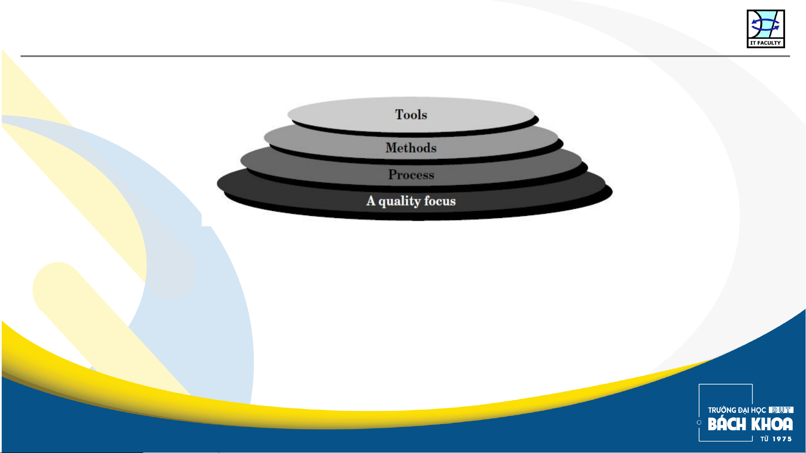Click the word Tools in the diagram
[x=411, y=114]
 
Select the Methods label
[x=411, y=148]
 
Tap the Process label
[x=411, y=174]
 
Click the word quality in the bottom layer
[x=399, y=202]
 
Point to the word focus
[x=440, y=201]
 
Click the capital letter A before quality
[x=371, y=201]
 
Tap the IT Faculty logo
[x=766, y=28]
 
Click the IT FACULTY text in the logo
[x=766, y=43]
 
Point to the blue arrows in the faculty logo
[x=765, y=25]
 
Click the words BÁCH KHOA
[x=750, y=424]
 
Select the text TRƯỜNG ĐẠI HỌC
[x=737, y=410]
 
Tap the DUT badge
[x=781, y=410]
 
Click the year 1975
[x=782, y=439]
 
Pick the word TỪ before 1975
[x=764, y=439]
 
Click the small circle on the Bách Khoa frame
[x=699, y=422]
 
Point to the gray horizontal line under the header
[x=405, y=56]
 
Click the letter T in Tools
[x=399, y=114]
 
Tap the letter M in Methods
[x=392, y=148]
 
